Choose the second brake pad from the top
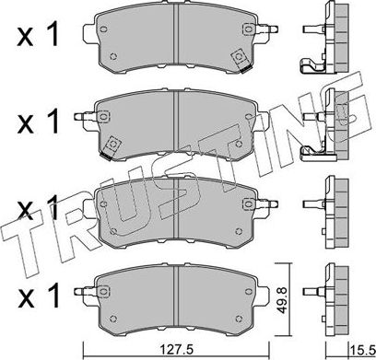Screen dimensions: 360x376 (x=175, y=124)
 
